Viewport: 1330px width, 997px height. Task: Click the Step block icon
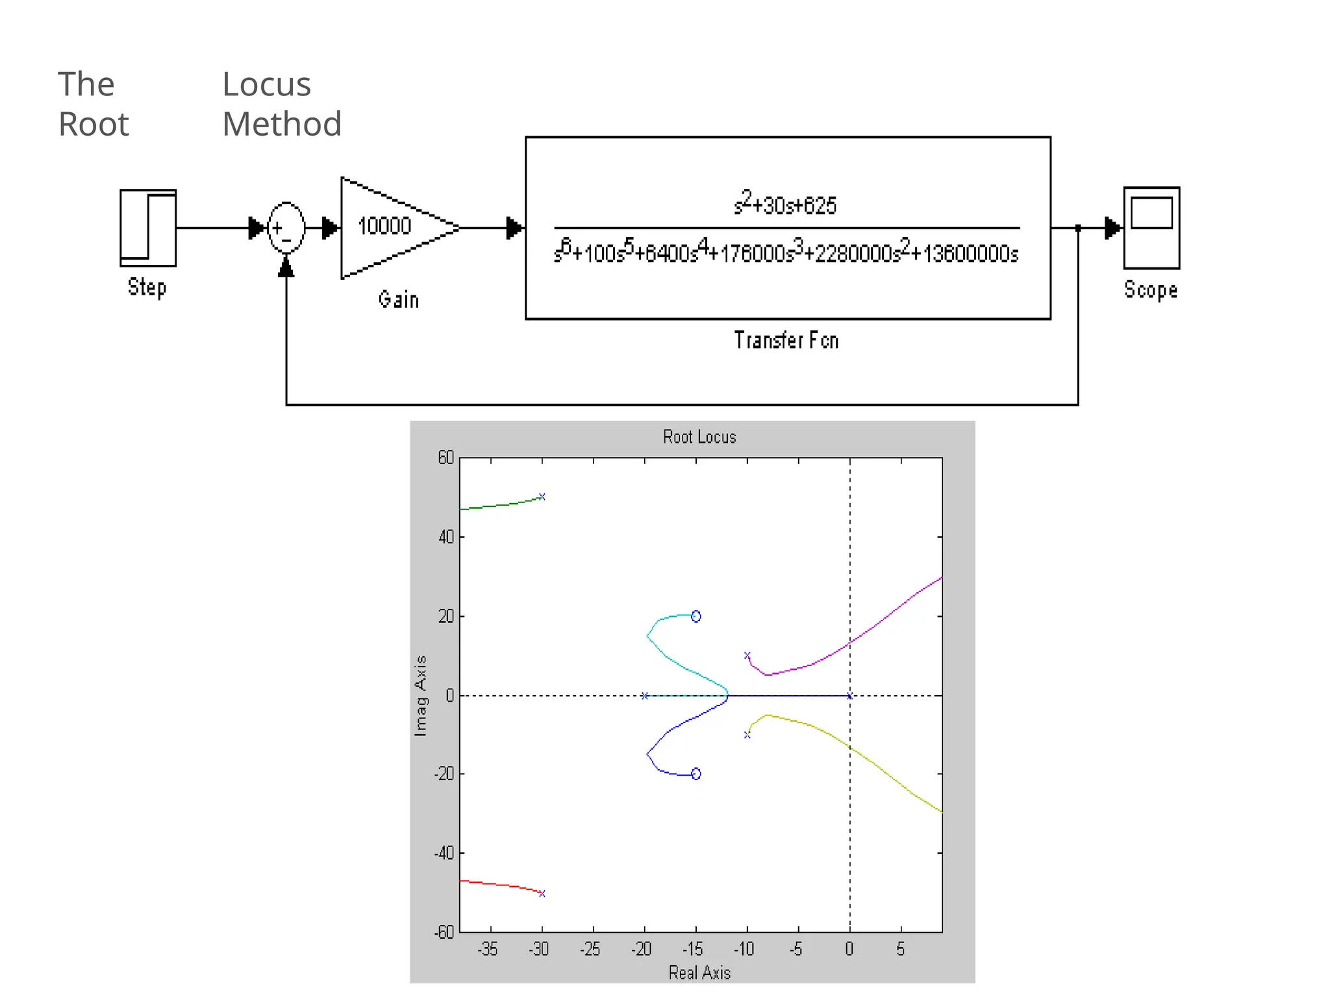tap(148, 228)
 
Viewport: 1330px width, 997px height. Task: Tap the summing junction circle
tap(286, 228)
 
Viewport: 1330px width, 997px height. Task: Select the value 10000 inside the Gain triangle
tap(384, 226)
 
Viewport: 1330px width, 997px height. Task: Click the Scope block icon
tap(1151, 228)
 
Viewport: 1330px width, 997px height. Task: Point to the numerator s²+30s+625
tap(785, 204)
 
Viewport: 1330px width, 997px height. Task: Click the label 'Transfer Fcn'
tap(786, 340)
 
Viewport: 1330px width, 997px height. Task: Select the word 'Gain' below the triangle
tap(399, 299)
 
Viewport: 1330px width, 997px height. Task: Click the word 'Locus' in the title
tap(266, 84)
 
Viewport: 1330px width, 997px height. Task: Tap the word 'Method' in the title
tap(282, 124)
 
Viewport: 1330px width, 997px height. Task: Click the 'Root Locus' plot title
tap(699, 437)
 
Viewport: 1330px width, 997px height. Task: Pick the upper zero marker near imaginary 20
tap(696, 616)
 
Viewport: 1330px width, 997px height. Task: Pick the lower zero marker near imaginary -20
tap(696, 774)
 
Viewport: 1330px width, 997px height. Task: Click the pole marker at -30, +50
tap(542, 497)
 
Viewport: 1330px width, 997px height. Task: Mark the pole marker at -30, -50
tap(542, 894)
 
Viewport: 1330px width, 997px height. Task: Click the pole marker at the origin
tap(849, 696)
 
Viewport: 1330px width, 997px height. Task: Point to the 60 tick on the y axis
tap(446, 458)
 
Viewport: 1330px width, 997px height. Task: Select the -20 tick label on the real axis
tap(642, 950)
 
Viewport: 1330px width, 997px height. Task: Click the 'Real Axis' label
tap(699, 972)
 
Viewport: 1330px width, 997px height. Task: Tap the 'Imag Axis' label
tap(421, 695)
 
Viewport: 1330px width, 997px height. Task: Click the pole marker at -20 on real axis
tap(644, 696)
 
